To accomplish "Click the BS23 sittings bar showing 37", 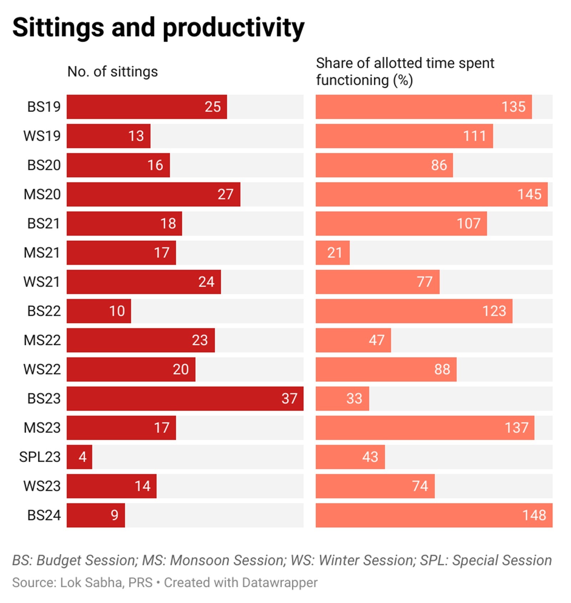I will tap(185, 398).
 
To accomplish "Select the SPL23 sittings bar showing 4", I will tap(79, 457).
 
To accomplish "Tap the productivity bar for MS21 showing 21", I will tap(332, 253).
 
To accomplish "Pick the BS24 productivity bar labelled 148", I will tap(434, 515).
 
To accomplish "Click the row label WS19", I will tap(42, 136).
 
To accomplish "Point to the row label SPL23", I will tap(40, 457).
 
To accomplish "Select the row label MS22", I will tap(42, 340).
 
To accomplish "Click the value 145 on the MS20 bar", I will tap(529, 195).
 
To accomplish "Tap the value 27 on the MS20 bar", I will tap(225, 195).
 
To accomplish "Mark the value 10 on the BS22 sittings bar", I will tap(117, 311).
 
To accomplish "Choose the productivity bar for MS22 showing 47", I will tap(353, 340).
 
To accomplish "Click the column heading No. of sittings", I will tap(112, 72).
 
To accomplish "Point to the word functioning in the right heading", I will tap(352, 80).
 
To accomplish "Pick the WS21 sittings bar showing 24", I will tap(143, 282).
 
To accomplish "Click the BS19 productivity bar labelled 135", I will tap(424, 107).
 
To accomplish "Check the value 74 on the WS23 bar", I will tap(420, 486).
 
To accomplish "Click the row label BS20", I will tap(44, 165).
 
